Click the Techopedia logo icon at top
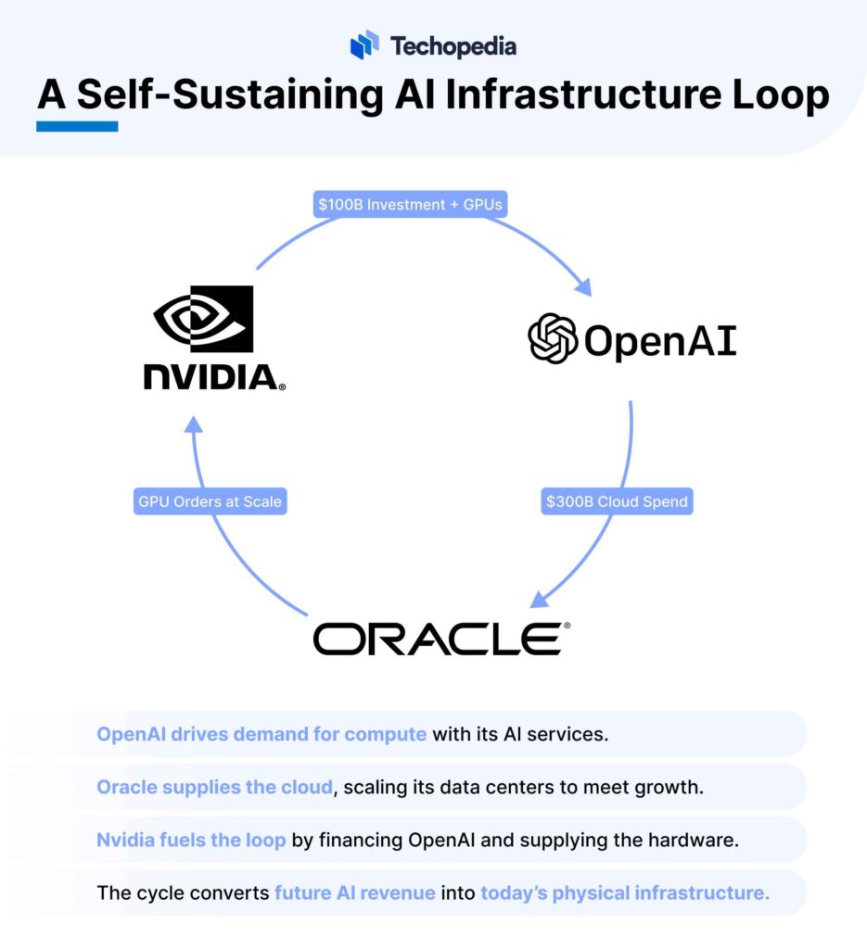[x=365, y=45]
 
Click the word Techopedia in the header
[x=453, y=46]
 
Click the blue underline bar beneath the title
[x=77, y=126]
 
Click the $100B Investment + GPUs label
[x=409, y=205]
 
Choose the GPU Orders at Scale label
[x=210, y=501]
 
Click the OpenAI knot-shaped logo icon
[x=553, y=338]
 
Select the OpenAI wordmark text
[x=659, y=340]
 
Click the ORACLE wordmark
[x=436, y=639]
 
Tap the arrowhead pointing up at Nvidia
[x=192, y=424]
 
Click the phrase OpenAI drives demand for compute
[x=261, y=735]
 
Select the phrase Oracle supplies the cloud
[x=214, y=788]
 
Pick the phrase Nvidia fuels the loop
[x=191, y=841]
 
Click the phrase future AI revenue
[x=355, y=893]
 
